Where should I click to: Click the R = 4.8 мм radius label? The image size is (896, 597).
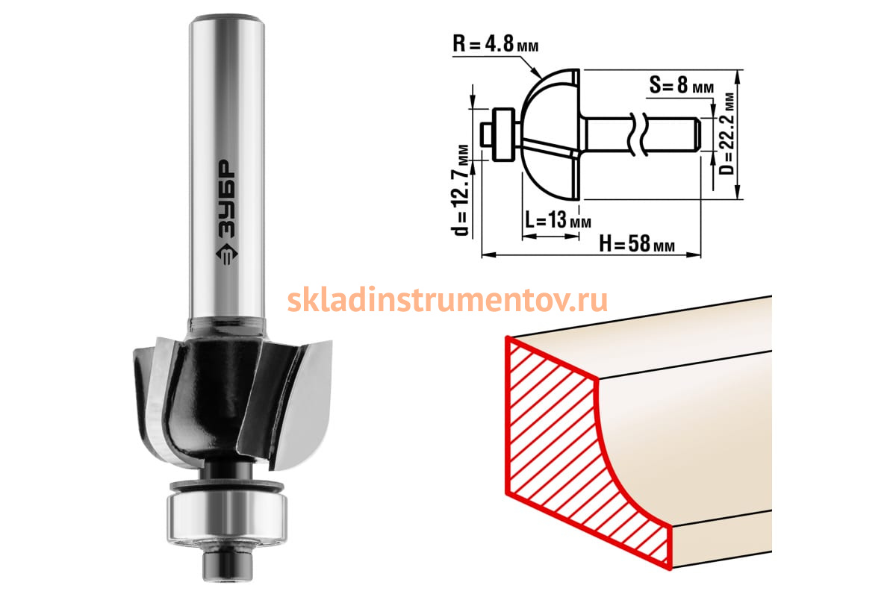(x=495, y=43)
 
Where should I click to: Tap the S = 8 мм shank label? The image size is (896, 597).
(x=681, y=85)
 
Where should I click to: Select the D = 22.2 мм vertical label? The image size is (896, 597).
(x=727, y=134)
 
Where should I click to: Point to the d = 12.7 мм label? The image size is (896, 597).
(x=461, y=190)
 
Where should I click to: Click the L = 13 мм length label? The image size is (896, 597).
(x=558, y=219)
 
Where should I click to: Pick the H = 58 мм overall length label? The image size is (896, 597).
(x=637, y=243)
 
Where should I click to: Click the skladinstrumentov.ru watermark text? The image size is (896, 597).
(x=447, y=300)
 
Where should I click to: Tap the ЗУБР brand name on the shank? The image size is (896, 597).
(x=227, y=199)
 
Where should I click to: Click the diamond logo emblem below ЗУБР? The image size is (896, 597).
(x=227, y=254)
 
